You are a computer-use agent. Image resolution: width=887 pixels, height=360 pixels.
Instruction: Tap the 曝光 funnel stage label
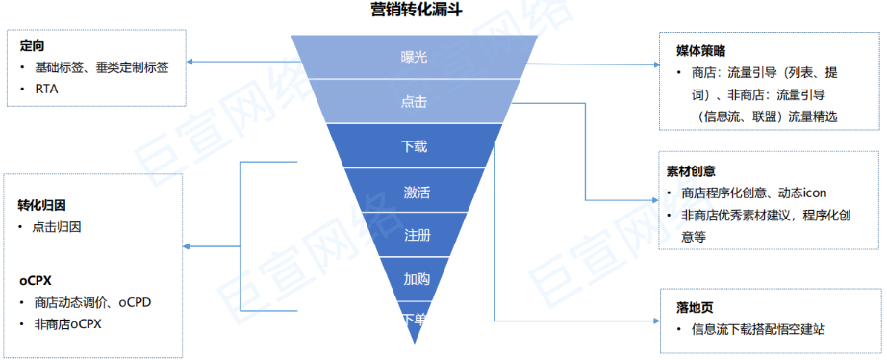point(414,57)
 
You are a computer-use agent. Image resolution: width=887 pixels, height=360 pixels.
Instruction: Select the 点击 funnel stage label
point(414,102)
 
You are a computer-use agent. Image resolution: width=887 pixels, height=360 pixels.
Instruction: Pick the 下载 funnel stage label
point(414,146)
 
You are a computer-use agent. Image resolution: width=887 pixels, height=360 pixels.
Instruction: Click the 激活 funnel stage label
point(417,192)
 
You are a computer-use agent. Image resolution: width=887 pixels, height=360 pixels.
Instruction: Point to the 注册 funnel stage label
point(417,236)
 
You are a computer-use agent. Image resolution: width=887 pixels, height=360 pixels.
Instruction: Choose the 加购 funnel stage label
point(417,280)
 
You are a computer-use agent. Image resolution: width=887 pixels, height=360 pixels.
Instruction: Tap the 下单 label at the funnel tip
point(415,320)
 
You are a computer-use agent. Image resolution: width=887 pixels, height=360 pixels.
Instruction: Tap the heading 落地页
point(695,307)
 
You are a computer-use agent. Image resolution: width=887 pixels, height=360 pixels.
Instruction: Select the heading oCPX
point(36,280)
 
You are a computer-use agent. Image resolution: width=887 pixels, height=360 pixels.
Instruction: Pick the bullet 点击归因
point(57,227)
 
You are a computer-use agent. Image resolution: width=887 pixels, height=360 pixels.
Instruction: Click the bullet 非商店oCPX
point(67,323)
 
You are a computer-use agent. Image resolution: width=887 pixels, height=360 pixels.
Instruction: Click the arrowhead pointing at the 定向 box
point(190,63)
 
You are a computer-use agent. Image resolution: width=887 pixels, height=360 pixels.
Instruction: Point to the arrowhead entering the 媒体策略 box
point(656,65)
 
